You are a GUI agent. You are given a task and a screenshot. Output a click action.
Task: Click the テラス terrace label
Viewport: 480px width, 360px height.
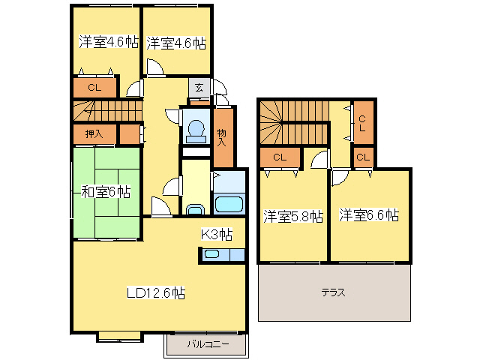(x=334, y=292)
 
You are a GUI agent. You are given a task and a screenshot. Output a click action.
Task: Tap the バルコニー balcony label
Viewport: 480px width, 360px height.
(x=207, y=346)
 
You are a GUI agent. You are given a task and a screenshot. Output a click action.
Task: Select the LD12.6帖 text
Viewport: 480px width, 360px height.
(x=155, y=293)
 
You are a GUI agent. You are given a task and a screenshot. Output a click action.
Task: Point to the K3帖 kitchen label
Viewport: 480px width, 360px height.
(x=216, y=234)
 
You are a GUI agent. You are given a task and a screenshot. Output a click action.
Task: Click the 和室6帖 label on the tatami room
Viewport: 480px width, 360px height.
(x=106, y=192)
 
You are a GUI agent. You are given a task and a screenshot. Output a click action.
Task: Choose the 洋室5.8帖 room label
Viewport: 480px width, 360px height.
(x=292, y=216)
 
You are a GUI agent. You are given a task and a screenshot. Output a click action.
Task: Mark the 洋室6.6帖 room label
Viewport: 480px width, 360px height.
(x=367, y=216)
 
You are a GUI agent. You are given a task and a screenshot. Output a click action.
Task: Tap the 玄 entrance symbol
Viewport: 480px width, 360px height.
(x=199, y=87)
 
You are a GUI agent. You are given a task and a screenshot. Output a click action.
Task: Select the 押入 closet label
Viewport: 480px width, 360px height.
(x=94, y=134)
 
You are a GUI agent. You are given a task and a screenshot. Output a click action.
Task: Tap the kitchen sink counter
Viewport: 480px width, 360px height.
(x=222, y=255)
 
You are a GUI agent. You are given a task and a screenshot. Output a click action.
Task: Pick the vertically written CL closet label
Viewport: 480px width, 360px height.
(x=362, y=124)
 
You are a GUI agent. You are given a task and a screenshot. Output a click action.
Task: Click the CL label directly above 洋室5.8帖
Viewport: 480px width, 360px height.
(x=280, y=157)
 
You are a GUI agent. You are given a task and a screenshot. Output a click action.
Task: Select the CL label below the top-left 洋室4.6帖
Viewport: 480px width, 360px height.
(x=94, y=88)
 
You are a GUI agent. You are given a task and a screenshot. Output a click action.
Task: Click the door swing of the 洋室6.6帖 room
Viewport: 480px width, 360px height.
(x=340, y=175)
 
